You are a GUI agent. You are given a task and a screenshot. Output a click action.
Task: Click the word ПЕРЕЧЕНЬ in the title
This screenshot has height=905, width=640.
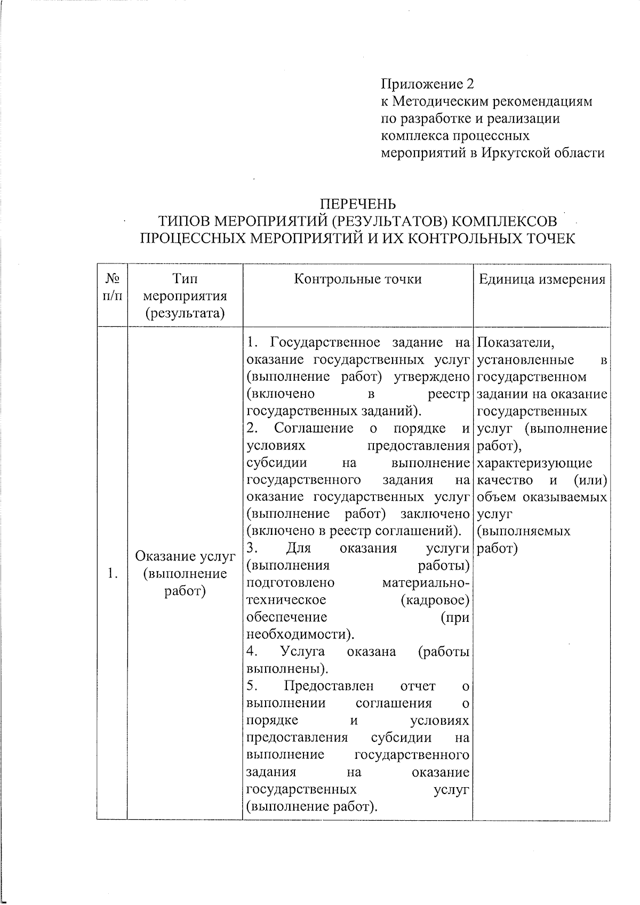357,204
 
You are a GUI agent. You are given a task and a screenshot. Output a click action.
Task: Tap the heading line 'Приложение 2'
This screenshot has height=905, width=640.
427,84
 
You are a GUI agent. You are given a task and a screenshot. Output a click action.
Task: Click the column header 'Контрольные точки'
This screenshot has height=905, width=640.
357,279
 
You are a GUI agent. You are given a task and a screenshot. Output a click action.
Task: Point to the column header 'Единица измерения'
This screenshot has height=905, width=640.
541,279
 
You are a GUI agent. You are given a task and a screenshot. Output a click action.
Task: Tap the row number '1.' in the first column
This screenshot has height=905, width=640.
112,574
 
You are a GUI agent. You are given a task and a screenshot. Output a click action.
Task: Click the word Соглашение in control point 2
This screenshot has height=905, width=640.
314,428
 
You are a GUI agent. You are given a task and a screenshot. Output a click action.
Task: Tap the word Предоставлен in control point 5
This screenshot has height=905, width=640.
329,686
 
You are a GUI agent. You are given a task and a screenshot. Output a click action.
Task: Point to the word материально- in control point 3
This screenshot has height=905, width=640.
426,582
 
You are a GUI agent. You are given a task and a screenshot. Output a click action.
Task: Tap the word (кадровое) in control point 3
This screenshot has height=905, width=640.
435,600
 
